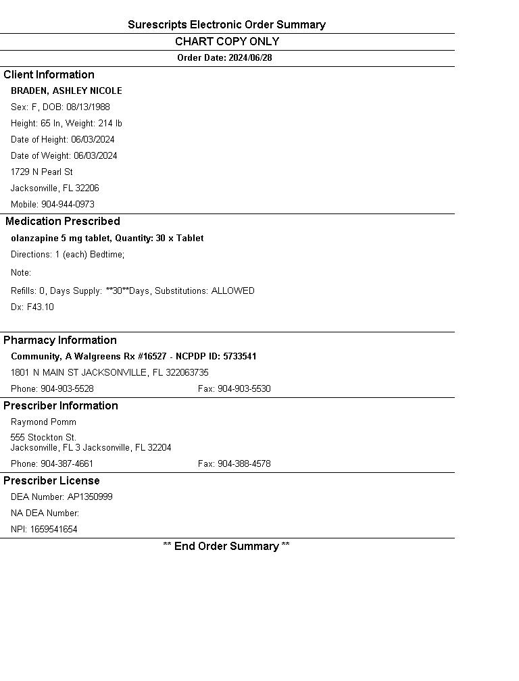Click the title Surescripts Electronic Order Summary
click(x=226, y=25)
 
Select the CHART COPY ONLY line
click(x=226, y=42)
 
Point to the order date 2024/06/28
click(x=250, y=58)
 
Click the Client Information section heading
click(x=49, y=75)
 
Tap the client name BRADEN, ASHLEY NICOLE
click(x=66, y=91)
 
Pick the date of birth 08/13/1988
click(x=88, y=107)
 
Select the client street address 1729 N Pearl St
click(x=42, y=172)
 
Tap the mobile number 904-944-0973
click(x=68, y=205)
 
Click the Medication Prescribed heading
click(x=63, y=222)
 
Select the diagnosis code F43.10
click(x=41, y=307)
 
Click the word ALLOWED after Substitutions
click(x=233, y=291)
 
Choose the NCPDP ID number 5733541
click(x=240, y=357)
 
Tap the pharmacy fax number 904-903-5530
click(x=244, y=389)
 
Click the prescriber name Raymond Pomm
click(x=43, y=422)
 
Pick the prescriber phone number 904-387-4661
click(x=67, y=464)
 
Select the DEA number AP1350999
click(x=90, y=497)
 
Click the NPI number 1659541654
click(x=53, y=530)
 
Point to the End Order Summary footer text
click(x=226, y=547)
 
